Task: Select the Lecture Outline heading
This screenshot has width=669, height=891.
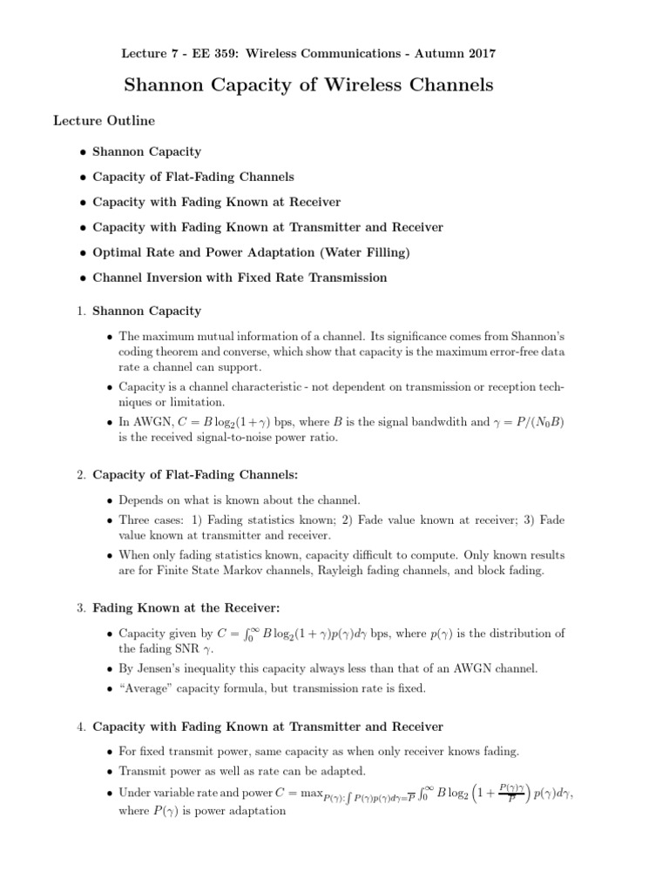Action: pos(105,120)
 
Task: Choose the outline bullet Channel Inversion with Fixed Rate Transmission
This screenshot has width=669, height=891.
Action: pos(240,278)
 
